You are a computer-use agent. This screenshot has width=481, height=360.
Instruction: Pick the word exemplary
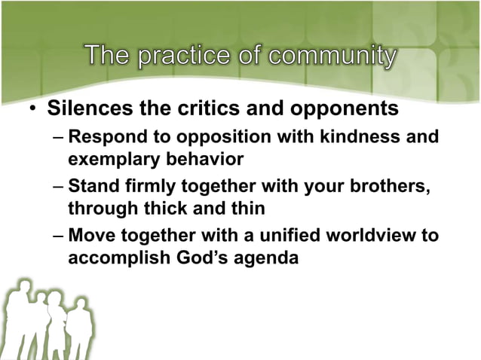(111, 160)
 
